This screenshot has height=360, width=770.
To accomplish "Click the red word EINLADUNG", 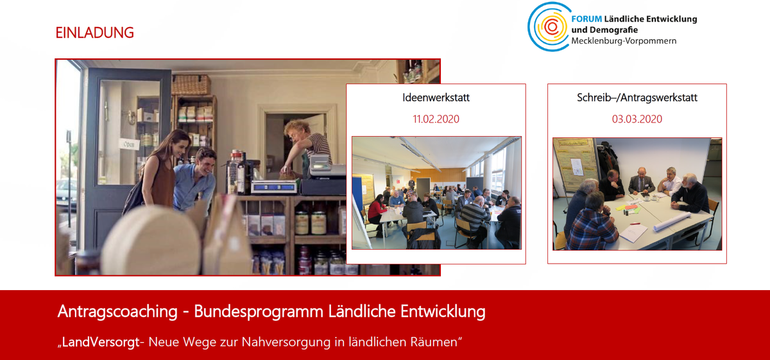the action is coord(94,33).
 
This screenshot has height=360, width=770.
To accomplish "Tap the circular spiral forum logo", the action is coord(549,26).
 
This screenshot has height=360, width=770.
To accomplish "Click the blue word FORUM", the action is coord(586,19).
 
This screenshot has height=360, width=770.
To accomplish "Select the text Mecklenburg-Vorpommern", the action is coord(624,41).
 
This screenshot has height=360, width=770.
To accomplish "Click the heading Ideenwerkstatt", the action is coord(436,98).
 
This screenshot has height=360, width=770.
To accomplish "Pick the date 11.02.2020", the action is coord(436,119).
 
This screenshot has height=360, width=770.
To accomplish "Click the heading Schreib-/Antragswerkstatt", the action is coord(637,98).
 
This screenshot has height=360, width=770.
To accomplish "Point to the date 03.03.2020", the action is coord(637,119).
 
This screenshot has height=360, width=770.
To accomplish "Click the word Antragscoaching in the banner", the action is coord(117,311).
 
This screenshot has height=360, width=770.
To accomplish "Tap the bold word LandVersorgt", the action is coord(101,342).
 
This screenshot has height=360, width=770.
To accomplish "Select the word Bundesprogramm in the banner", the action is coord(259,311).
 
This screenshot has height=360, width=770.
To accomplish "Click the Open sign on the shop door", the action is coord(129,144).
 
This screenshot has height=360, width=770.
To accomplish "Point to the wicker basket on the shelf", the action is coord(191,85).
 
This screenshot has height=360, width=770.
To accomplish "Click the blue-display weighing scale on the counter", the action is coord(275,187).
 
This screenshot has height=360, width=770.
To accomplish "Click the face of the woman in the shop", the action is coord(180,145).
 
